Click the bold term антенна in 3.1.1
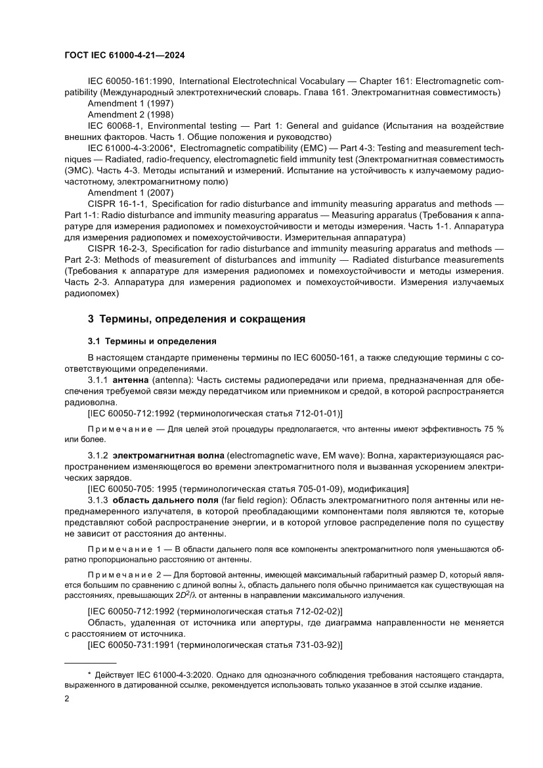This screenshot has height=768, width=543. click(131, 380)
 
